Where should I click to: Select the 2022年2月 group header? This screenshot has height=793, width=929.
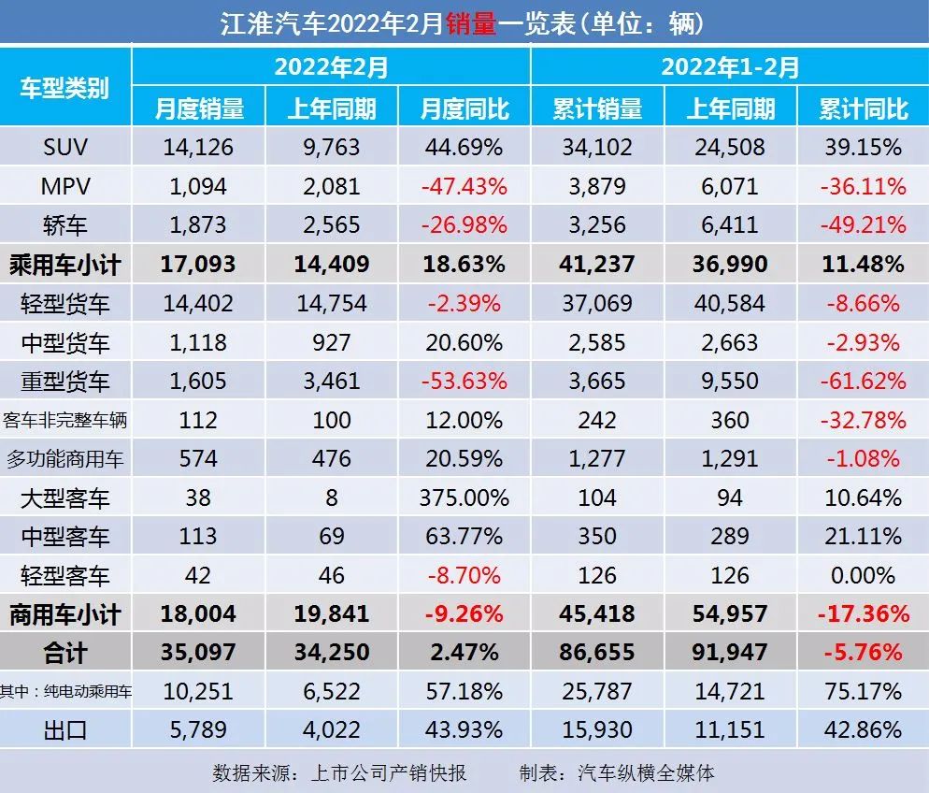coord(331,66)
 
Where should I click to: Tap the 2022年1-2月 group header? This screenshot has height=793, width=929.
coord(730,66)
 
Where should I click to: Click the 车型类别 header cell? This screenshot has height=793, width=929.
coord(65,88)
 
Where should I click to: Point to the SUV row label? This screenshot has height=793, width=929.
coord(65,147)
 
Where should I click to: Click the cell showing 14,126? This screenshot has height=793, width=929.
coord(198,147)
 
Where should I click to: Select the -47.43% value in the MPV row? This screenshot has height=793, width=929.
coord(464,186)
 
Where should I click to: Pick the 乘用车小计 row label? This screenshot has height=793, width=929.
coord(65,265)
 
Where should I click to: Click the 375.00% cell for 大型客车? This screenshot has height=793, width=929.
coord(464,497)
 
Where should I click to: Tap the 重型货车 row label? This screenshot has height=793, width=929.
coord(65,381)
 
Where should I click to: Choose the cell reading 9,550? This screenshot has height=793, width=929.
coord(729,381)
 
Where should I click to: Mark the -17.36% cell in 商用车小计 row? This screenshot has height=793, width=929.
coord(862,613)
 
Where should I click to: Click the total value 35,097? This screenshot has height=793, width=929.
coord(198,652)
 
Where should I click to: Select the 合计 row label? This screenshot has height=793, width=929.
coord(65,652)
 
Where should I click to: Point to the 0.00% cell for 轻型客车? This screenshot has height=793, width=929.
coord(862,575)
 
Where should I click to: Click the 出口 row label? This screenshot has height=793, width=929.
coord(65,729)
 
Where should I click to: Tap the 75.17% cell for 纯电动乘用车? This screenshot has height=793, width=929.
coord(862,691)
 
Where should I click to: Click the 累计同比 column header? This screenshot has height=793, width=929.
coord(862,108)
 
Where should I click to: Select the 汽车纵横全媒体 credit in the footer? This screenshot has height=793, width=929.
coord(647,773)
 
